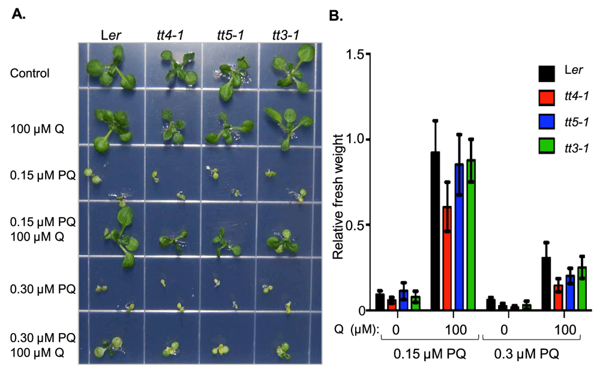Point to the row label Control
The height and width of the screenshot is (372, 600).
[29, 73]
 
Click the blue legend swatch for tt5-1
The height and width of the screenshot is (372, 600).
[545, 122]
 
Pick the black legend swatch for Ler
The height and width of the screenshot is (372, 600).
[545, 74]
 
